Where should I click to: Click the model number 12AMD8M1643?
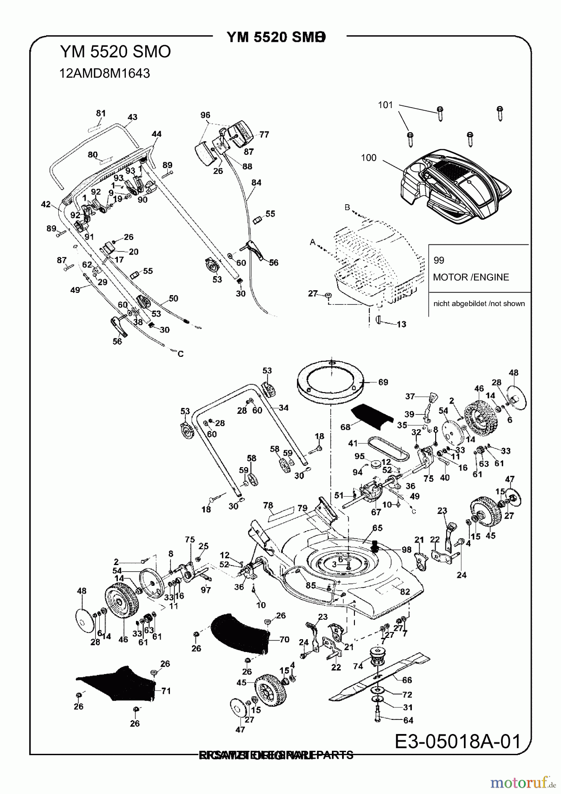(105, 73)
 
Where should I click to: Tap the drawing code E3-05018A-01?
(457, 741)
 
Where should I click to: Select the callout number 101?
(385, 105)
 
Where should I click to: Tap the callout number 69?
(383, 382)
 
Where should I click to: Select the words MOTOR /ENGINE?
(471, 277)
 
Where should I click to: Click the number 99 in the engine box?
(439, 260)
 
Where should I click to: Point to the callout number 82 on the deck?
(405, 592)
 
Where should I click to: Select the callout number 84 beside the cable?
(256, 183)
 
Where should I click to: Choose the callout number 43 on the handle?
(132, 117)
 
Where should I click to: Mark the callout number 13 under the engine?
(401, 324)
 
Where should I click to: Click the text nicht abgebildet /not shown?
(479, 303)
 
